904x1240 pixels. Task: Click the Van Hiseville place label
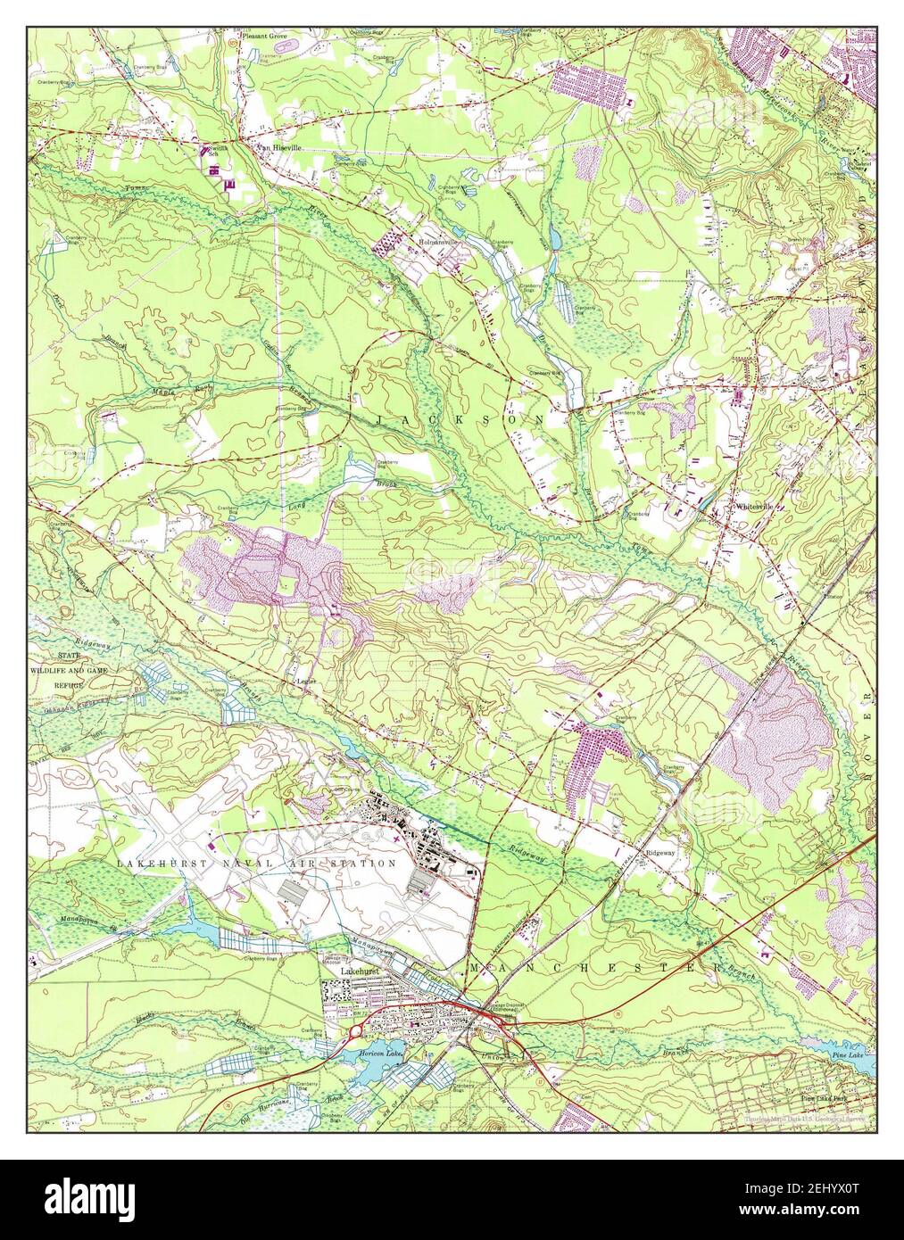tap(278, 148)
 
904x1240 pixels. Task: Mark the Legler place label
tap(306, 681)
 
